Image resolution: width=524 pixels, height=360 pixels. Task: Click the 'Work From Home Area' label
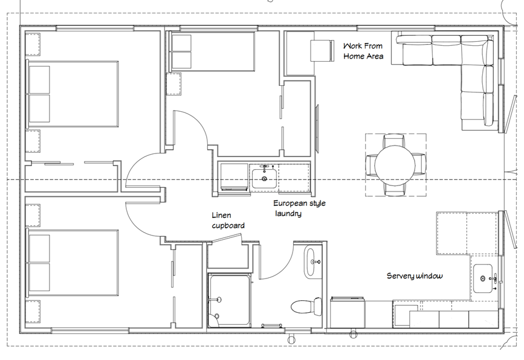click(363, 51)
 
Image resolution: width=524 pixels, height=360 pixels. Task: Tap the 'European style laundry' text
click(299, 208)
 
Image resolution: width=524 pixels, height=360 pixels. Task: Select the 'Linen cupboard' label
click(228, 220)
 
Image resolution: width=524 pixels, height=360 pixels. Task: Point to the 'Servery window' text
click(415, 276)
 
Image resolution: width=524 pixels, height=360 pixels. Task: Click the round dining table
click(395, 165)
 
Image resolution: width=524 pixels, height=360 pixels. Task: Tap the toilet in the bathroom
click(306, 306)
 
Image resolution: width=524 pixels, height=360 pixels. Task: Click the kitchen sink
click(483, 278)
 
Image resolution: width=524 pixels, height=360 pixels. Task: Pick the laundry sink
click(264, 178)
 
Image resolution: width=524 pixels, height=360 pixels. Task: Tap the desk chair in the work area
click(323, 50)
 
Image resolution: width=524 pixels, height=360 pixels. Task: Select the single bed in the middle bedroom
click(213, 51)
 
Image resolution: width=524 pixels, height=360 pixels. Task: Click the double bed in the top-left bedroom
click(73, 94)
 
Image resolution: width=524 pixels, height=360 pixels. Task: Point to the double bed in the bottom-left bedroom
click(73, 263)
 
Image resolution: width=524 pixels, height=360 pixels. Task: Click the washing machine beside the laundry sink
click(234, 177)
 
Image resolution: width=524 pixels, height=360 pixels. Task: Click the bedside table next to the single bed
click(174, 84)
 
